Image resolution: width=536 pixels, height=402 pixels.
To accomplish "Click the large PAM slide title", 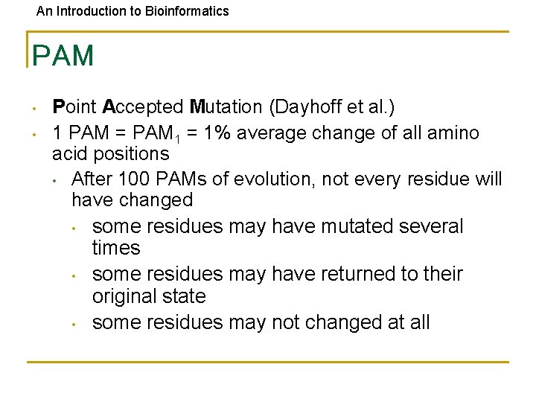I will tap(63, 56).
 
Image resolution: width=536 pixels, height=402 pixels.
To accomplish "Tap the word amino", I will tap(454, 133).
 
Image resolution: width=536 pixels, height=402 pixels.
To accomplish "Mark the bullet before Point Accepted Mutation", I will tap(35, 109).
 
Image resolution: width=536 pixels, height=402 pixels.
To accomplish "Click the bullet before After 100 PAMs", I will tap(55, 181).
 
